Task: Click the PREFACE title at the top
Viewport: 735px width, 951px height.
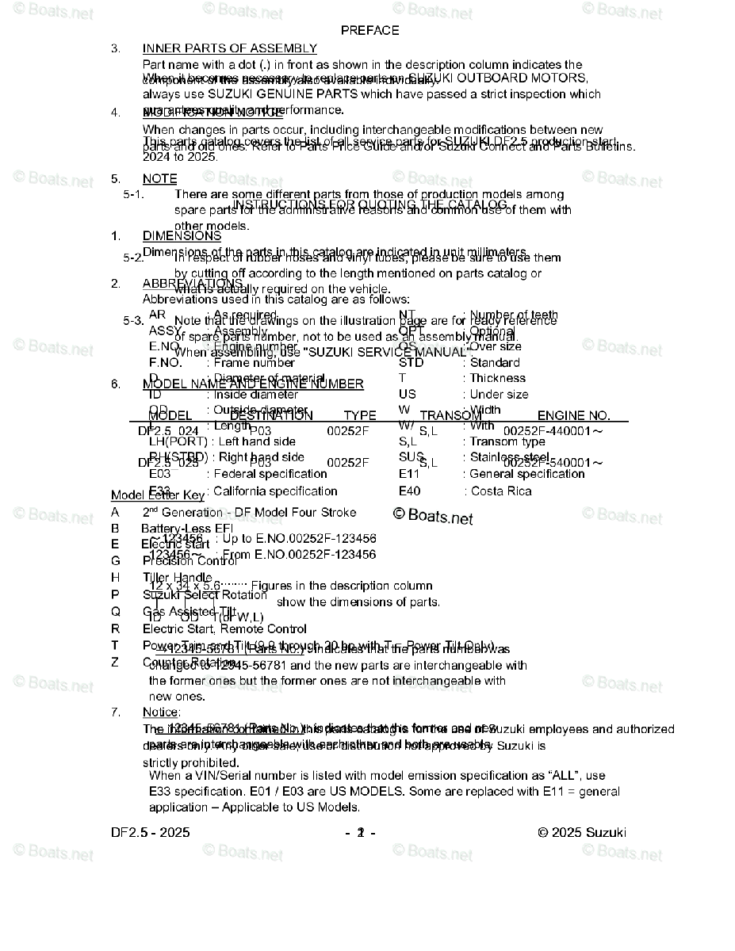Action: (369, 30)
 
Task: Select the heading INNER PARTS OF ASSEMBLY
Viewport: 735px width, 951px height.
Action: (229, 48)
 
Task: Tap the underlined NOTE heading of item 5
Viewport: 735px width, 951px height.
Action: (159, 179)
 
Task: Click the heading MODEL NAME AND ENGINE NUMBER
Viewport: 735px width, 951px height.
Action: (253, 384)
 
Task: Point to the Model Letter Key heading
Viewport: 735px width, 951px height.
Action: (157, 495)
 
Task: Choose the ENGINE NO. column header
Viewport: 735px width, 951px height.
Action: (573, 416)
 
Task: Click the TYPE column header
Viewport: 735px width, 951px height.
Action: (360, 416)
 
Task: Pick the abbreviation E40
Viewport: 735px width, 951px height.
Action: (410, 491)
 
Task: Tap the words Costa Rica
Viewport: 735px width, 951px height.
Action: (501, 491)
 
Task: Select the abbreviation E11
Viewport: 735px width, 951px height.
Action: (409, 474)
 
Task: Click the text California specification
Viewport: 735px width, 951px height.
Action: (275, 491)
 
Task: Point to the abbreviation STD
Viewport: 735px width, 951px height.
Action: (411, 363)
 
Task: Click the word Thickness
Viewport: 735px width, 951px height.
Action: (497, 379)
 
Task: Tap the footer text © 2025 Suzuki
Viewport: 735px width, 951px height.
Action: (581, 832)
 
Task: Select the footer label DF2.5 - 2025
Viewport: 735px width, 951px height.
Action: (151, 832)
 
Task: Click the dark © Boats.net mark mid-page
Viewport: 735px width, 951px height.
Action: (433, 517)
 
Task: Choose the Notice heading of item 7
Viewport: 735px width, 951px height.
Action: (161, 712)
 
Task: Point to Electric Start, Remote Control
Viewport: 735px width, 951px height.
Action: (224, 629)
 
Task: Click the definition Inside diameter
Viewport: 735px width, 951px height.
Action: (256, 395)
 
